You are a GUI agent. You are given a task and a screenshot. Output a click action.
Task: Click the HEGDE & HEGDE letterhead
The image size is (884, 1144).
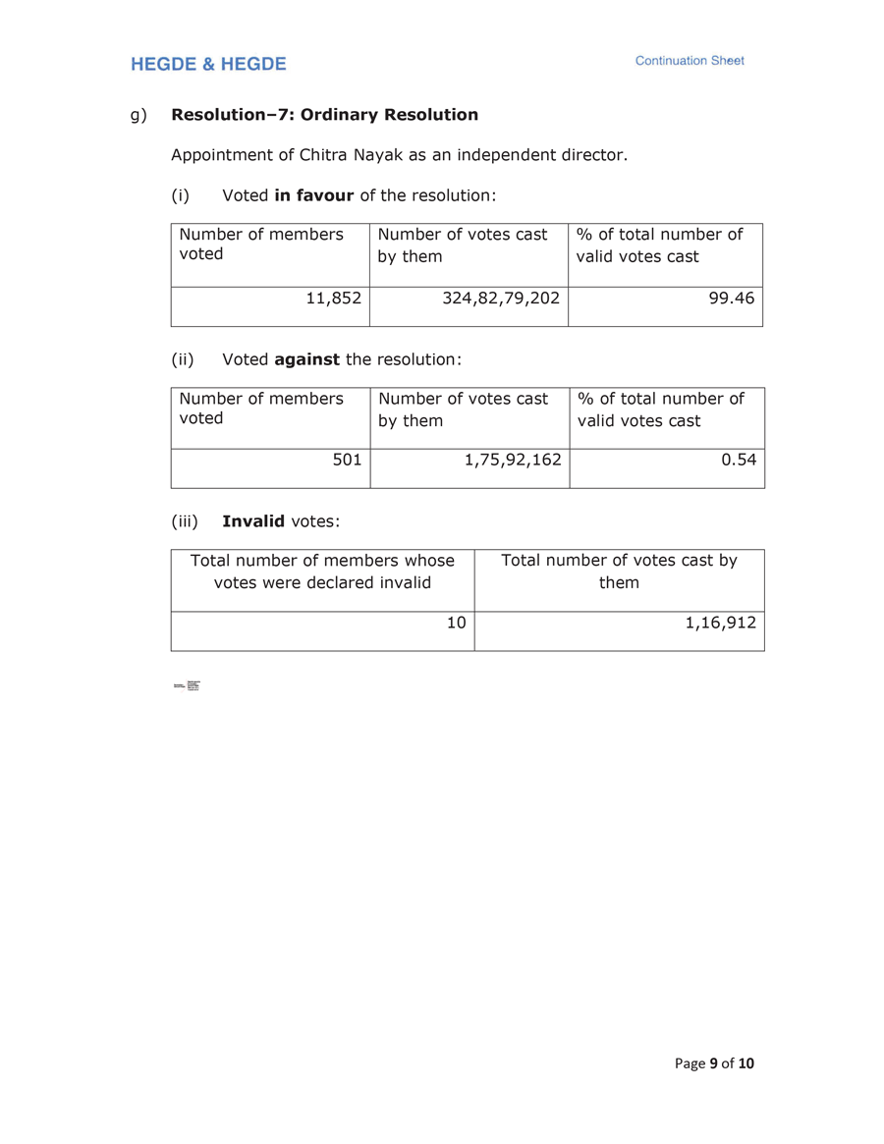coord(208,64)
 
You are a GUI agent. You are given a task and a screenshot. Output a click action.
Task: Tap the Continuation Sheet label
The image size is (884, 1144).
coord(690,61)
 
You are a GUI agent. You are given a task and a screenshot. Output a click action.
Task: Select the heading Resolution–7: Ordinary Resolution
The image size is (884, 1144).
coord(324,115)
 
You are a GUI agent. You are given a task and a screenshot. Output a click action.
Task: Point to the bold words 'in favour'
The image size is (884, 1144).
coord(313,195)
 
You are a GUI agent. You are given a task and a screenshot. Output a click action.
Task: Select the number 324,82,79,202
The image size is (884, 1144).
coord(501,297)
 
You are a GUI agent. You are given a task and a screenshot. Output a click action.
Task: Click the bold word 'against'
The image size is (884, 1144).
coord(306,359)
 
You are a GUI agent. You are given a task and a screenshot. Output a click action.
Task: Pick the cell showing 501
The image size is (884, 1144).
coord(347,459)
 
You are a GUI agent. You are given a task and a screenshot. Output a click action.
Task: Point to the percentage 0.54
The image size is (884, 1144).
coord(739,459)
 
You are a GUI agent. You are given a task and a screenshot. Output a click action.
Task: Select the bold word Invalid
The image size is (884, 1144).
coord(253,521)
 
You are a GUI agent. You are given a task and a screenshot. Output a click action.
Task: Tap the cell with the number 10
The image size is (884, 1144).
coord(457,622)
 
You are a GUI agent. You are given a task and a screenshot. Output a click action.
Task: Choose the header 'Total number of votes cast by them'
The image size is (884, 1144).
coord(619,572)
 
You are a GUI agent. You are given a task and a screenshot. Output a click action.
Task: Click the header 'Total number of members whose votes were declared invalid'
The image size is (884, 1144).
coord(322,572)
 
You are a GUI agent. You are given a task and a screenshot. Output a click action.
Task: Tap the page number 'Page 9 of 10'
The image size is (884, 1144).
coord(714,1063)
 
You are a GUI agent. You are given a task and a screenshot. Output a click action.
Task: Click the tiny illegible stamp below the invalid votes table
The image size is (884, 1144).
coord(187,685)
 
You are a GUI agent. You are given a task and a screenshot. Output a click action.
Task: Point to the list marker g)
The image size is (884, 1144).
coord(138,115)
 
